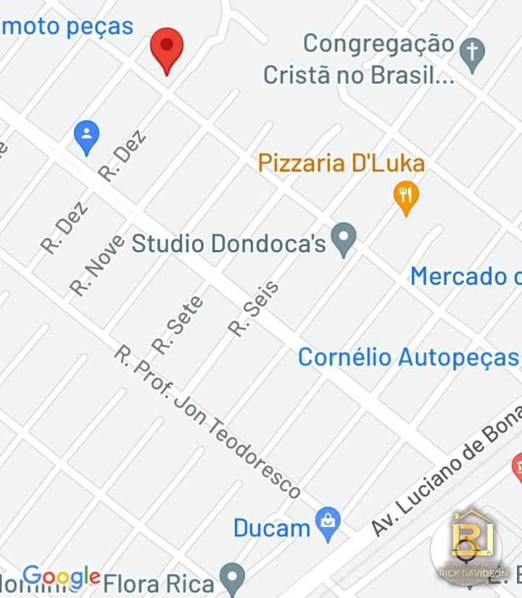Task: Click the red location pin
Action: click(x=167, y=49)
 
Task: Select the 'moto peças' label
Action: click(x=67, y=27)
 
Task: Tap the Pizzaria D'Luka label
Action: click(x=341, y=163)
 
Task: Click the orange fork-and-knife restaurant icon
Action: click(x=406, y=196)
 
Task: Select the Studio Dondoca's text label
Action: click(x=228, y=244)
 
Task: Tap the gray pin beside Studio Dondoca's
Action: click(x=344, y=238)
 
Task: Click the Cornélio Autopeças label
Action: click(x=408, y=357)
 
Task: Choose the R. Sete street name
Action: click(x=178, y=325)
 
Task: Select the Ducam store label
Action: click(x=272, y=528)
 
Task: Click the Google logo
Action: click(x=62, y=576)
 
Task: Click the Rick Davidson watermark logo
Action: click(x=472, y=547)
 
